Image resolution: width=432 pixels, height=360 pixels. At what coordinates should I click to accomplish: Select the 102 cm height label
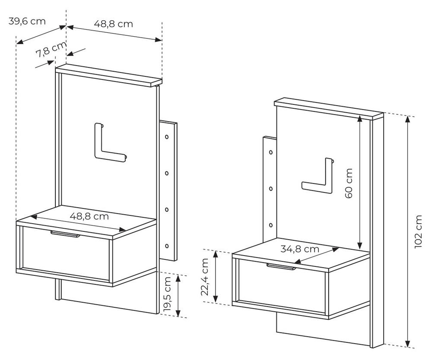pyautogui.click(x=418, y=232)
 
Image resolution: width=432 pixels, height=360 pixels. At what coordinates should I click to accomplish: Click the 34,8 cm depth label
pyautogui.click(x=300, y=249)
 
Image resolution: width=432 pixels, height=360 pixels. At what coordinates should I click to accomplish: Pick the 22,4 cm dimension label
pyautogui.click(x=205, y=277)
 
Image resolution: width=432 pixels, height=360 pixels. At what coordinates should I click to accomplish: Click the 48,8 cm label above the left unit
pyautogui.click(x=114, y=24)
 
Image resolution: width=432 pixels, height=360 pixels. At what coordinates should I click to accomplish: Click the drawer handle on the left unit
pyautogui.click(x=65, y=234)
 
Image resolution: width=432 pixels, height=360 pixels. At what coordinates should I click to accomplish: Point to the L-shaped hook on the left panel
pyautogui.click(x=107, y=145)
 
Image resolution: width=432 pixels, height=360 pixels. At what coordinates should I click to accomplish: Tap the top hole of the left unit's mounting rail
pyautogui.click(x=167, y=137)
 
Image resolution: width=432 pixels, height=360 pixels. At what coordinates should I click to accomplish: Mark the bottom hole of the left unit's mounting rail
pyautogui.click(x=167, y=246)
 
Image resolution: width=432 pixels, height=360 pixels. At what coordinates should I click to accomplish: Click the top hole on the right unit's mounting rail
pyautogui.click(x=270, y=152)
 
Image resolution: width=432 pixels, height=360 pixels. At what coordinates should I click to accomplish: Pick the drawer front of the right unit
pyautogui.click(x=281, y=287)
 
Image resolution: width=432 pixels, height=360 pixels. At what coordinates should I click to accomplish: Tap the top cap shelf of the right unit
pyautogui.click(x=328, y=107)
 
